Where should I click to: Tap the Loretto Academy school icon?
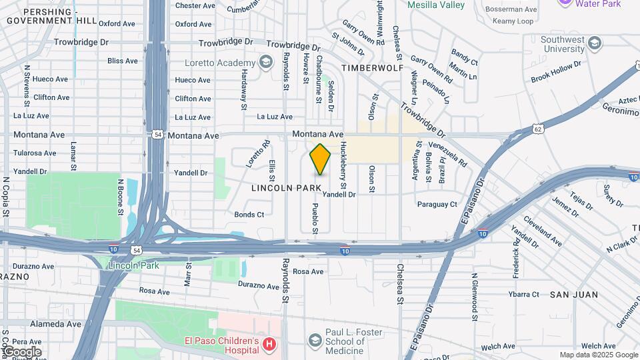tap(266, 63)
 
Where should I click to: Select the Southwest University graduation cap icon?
tap(594, 44)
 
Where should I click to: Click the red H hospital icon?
tap(269, 345)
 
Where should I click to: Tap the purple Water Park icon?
tap(565, 2)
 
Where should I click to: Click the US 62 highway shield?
tap(538, 128)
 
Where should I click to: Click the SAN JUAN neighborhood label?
tap(573, 294)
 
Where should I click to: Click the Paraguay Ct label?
tap(437, 204)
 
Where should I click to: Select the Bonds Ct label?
tap(249, 215)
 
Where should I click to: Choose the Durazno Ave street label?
tap(258, 286)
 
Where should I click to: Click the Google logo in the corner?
tap(21, 352)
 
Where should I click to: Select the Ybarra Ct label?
tap(523, 294)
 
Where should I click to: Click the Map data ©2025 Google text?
tap(598, 355)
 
